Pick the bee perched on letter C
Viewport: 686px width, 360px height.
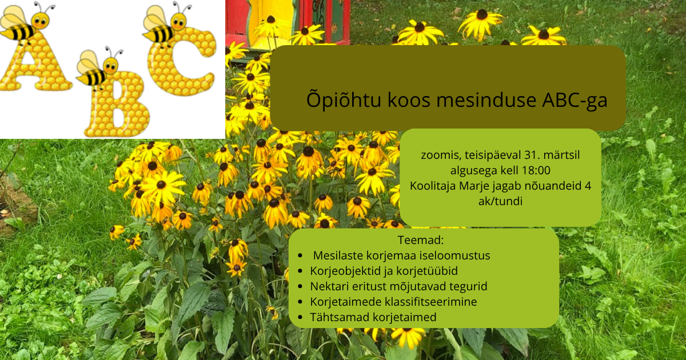coord(167,24)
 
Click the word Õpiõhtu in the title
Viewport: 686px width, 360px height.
coord(344,99)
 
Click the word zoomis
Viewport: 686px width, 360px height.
coord(441,155)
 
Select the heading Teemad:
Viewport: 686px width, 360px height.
coord(421,240)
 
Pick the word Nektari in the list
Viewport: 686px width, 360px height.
coord(329,286)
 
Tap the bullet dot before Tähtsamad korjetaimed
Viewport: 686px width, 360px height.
coord(300,318)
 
